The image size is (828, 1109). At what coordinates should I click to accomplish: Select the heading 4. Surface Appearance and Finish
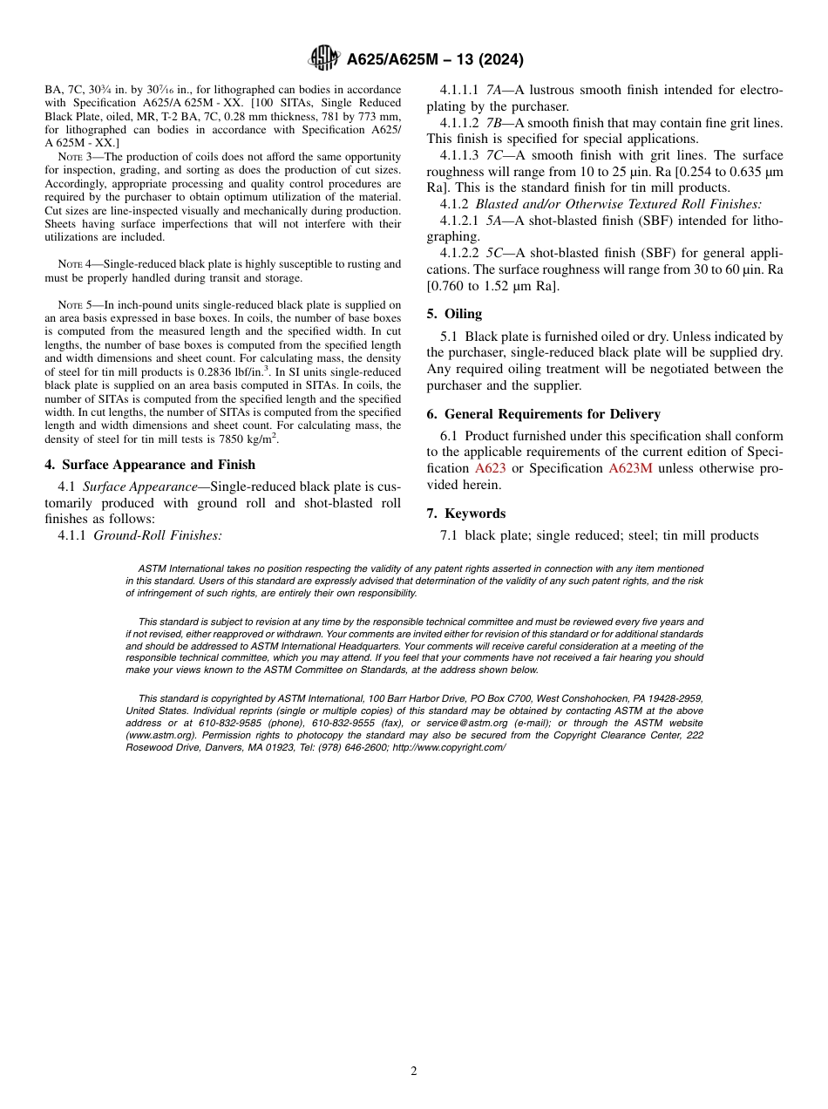point(150,465)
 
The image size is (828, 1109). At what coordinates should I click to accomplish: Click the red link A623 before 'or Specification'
point(490,469)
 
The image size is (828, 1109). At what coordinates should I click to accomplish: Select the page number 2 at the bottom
point(414,1072)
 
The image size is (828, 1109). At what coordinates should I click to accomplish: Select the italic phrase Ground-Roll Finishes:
point(157,535)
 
